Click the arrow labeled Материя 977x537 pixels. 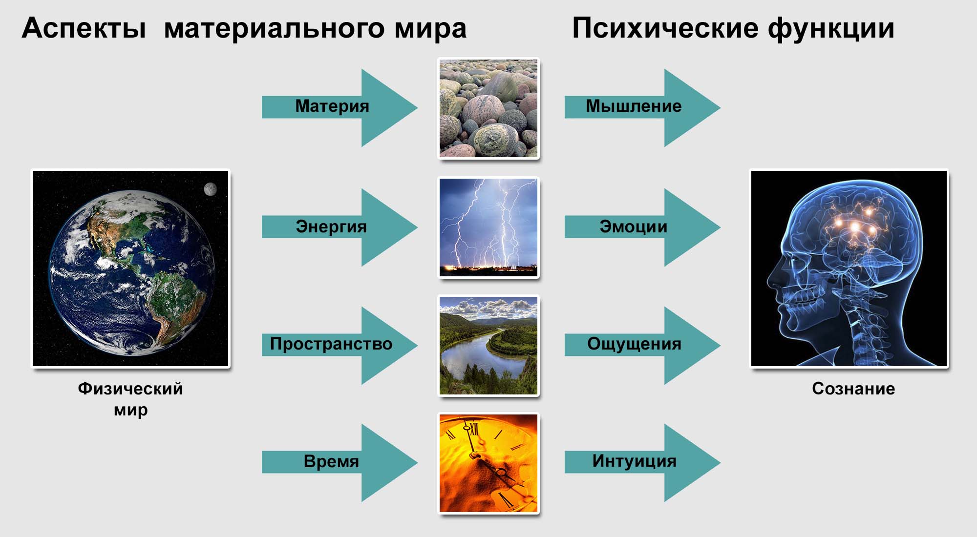click(340, 107)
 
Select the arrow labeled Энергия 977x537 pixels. click(340, 227)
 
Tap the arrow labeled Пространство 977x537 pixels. click(340, 345)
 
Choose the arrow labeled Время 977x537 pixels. click(340, 462)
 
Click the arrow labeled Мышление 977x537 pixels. click(642, 107)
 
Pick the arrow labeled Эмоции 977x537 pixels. click(642, 227)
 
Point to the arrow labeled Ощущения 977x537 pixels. click(642, 345)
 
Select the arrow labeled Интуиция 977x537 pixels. click(642, 462)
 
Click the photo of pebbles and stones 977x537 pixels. click(488, 108)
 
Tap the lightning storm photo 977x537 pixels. click(488, 227)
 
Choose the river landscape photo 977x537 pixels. click(488, 346)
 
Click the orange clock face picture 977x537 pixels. click(488, 463)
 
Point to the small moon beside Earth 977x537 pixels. click(210, 189)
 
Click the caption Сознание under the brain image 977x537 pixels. click(853, 389)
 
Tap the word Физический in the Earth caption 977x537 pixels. click(130, 389)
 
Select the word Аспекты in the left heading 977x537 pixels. click(84, 28)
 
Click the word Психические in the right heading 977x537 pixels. click(664, 28)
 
